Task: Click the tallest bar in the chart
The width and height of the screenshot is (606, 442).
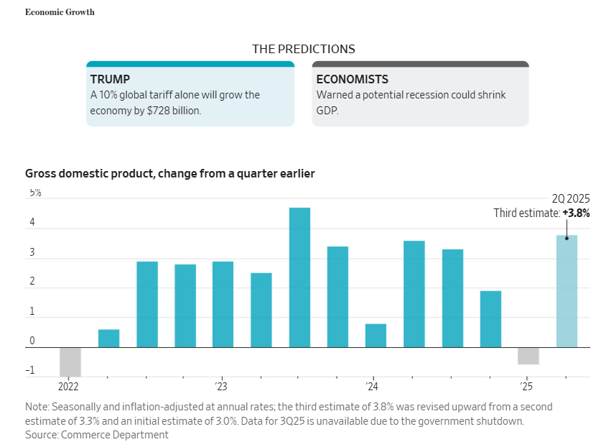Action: point(299,277)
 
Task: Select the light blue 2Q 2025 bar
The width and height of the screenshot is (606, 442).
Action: point(567,291)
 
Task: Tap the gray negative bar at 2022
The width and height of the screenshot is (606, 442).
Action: point(70,362)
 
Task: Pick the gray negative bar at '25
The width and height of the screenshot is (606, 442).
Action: point(528,356)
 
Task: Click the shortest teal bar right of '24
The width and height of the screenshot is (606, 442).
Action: point(376,335)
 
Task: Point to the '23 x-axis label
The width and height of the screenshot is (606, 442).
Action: point(220,385)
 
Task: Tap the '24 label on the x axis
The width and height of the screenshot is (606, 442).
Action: point(373,385)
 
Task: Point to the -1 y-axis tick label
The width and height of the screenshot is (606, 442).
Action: point(30,372)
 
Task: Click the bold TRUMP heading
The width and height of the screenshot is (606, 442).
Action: point(110,79)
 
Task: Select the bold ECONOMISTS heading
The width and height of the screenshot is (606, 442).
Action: point(352,79)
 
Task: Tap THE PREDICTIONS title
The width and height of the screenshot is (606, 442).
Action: point(303,49)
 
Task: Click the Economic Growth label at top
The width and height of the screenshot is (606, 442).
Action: point(60,12)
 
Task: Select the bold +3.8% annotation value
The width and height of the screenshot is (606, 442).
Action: point(576,213)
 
